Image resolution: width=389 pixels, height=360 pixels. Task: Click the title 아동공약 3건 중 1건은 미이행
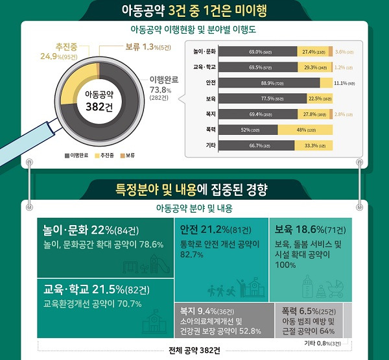click(194, 10)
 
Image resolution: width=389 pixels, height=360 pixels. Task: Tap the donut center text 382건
click(98, 108)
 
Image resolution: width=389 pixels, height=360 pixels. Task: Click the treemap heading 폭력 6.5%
click(308, 311)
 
